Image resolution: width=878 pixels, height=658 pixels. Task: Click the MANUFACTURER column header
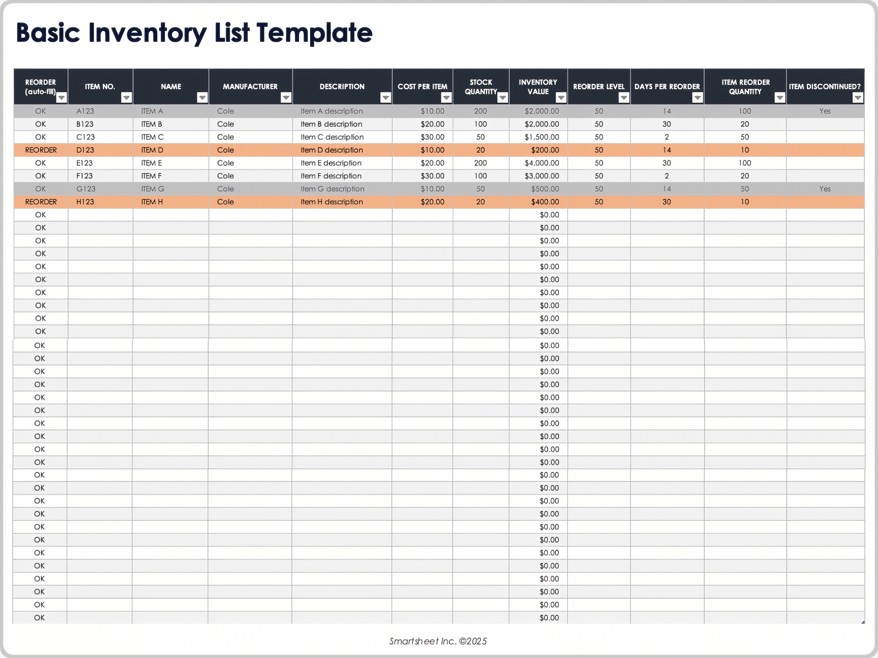coord(250,86)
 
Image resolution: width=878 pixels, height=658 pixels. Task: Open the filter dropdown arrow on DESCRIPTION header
coord(385,97)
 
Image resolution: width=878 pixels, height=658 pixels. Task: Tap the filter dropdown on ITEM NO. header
coord(126,97)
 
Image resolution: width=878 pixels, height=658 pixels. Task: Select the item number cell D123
coord(85,150)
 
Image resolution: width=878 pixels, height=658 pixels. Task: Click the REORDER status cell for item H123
coord(41,202)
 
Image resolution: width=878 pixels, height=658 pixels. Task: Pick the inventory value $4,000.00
coord(541,163)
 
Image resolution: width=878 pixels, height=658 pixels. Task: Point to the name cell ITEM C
coord(152,137)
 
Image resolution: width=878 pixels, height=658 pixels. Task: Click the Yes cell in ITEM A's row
coord(824,111)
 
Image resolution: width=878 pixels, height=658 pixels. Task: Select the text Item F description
coord(331,176)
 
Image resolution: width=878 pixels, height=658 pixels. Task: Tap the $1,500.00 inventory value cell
coord(541,137)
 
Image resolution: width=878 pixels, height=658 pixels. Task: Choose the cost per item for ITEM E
coord(432,163)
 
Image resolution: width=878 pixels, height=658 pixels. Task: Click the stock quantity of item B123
coord(480,124)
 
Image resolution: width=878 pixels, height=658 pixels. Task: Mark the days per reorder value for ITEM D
coord(667,150)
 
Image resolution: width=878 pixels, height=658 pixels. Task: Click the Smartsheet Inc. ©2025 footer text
coord(438,641)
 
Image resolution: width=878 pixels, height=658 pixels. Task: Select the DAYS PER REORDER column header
coord(667,86)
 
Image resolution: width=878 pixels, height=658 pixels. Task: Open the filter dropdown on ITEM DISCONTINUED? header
coord(857,97)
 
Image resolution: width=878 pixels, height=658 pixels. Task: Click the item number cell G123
coord(86,189)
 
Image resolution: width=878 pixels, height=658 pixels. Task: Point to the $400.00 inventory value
coord(545,202)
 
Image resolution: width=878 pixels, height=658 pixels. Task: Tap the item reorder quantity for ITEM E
coord(744,163)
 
